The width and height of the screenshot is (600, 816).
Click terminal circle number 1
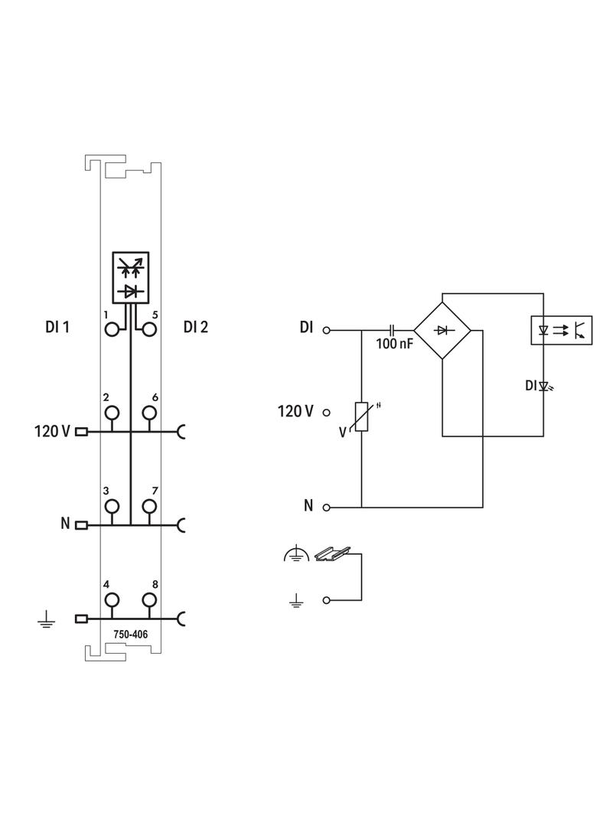pyautogui.click(x=112, y=329)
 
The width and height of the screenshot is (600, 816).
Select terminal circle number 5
pyautogui.click(x=148, y=329)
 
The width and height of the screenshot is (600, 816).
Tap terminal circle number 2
pyautogui.click(x=112, y=413)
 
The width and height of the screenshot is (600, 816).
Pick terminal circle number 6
pyautogui.click(x=148, y=413)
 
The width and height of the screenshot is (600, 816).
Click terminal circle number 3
pyautogui.click(x=112, y=506)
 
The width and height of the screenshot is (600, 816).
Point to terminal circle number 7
pyautogui.click(x=148, y=506)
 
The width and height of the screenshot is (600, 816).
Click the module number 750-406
pyautogui.click(x=131, y=635)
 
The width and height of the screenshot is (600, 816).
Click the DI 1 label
pyautogui.click(x=57, y=327)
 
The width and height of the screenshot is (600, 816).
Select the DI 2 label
pyautogui.click(x=196, y=327)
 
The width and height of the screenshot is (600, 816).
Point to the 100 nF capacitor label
pyautogui.click(x=394, y=344)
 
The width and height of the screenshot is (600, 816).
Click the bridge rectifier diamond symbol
pyautogui.click(x=442, y=330)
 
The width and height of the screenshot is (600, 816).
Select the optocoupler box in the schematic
pyautogui.click(x=560, y=330)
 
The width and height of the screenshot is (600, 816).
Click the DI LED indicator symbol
pyautogui.click(x=545, y=387)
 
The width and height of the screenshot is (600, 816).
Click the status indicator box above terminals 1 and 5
pyautogui.click(x=131, y=276)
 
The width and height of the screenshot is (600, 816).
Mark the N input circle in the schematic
pyautogui.click(x=327, y=507)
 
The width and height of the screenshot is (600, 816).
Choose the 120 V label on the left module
pyautogui.click(x=52, y=431)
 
